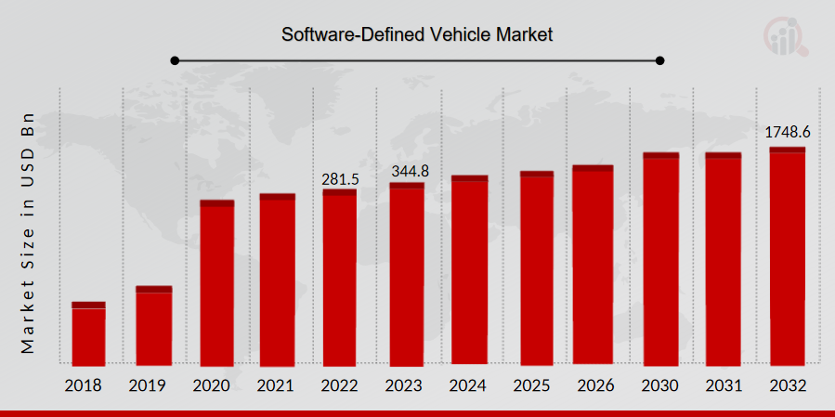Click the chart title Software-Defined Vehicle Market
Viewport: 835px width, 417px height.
[x=417, y=35]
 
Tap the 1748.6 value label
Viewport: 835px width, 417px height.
[x=787, y=133]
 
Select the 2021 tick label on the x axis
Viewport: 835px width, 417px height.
[x=277, y=385]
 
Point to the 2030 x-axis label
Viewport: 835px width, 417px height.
[x=660, y=385]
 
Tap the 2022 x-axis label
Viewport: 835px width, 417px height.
[x=340, y=385]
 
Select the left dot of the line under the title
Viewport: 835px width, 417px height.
[x=174, y=61]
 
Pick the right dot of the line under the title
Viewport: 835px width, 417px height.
[x=660, y=61]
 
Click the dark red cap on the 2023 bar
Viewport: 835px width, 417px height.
[x=407, y=186]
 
